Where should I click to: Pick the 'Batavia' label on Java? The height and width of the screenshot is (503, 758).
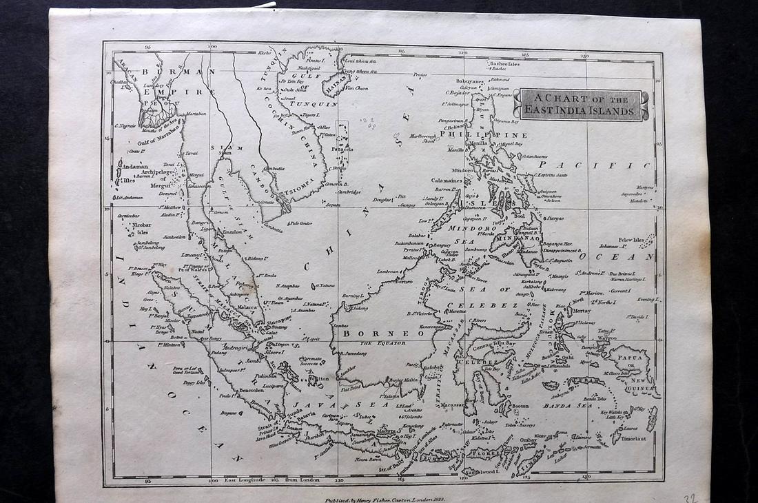click(x=305, y=414)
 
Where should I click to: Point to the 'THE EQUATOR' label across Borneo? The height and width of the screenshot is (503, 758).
click(x=380, y=342)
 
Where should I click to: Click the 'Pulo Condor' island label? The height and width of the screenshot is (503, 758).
click(x=300, y=223)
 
